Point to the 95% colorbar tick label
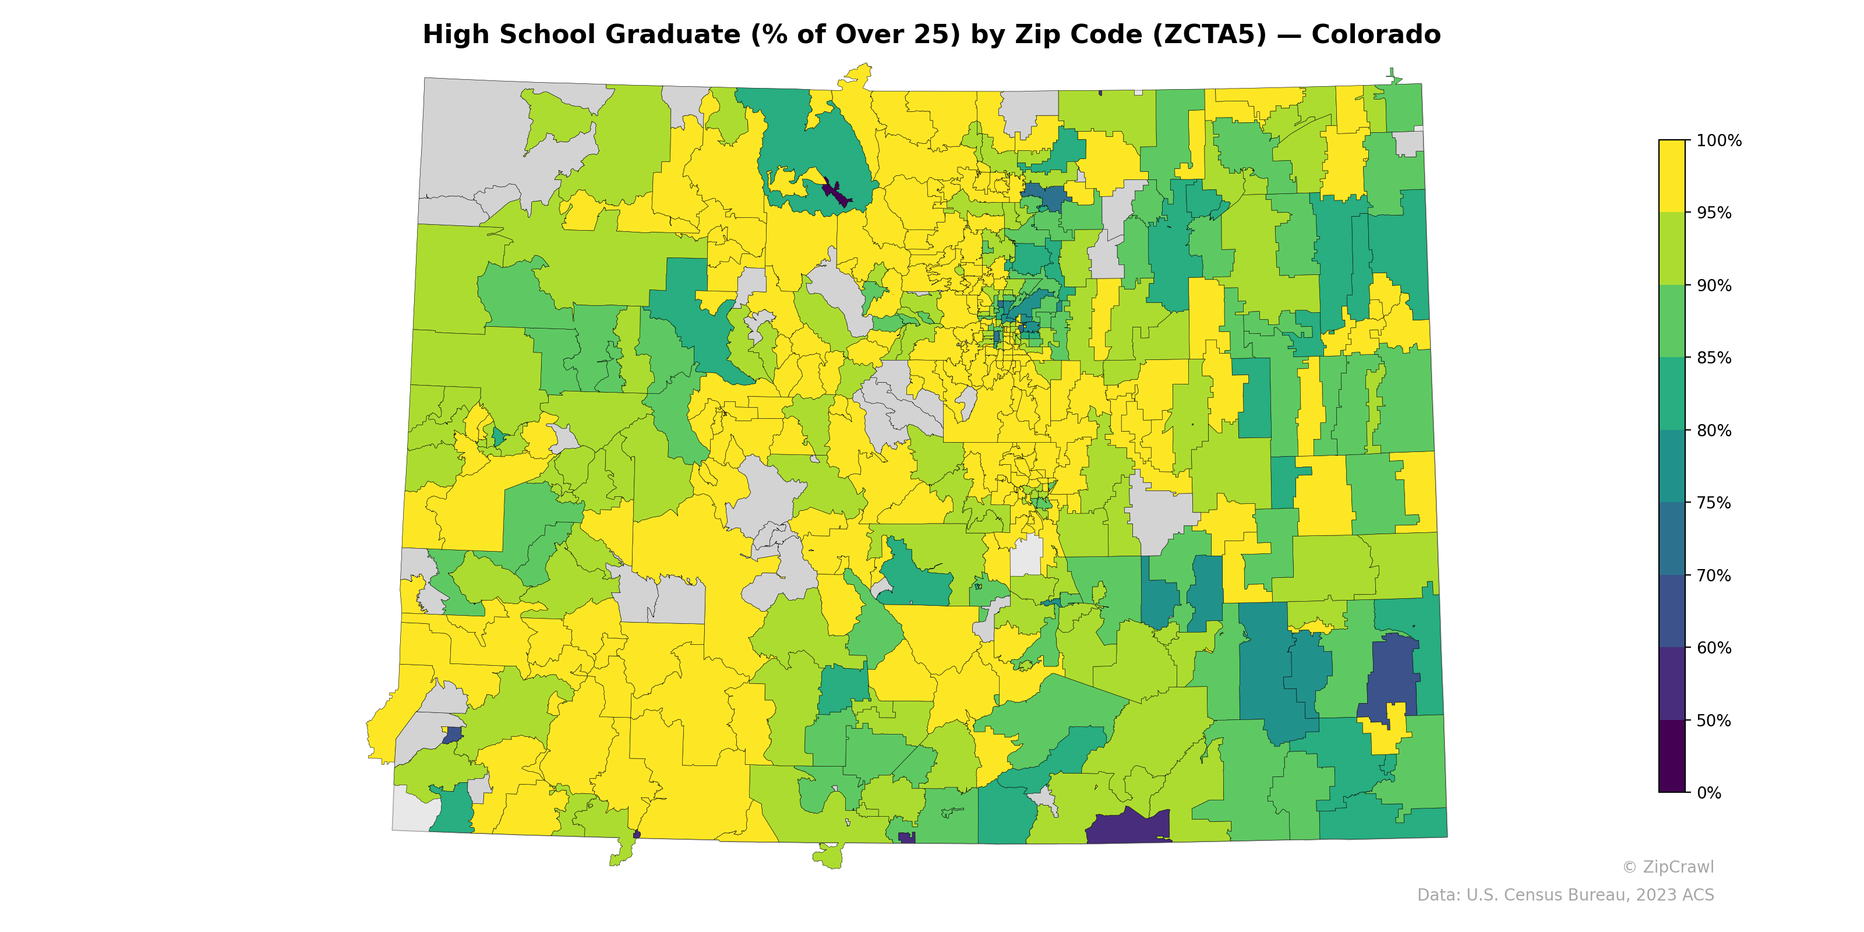[x=1714, y=213]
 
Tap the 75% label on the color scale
[x=1714, y=503]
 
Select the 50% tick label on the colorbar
[x=1714, y=721]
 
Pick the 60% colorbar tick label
[x=1714, y=648]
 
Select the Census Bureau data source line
[x=1565, y=895]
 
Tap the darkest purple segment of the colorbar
[x=1672, y=756]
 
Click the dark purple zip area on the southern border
[x=1129, y=828]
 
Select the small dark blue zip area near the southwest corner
[x=452, y=735]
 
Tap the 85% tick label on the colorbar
[x=1714, y=358]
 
